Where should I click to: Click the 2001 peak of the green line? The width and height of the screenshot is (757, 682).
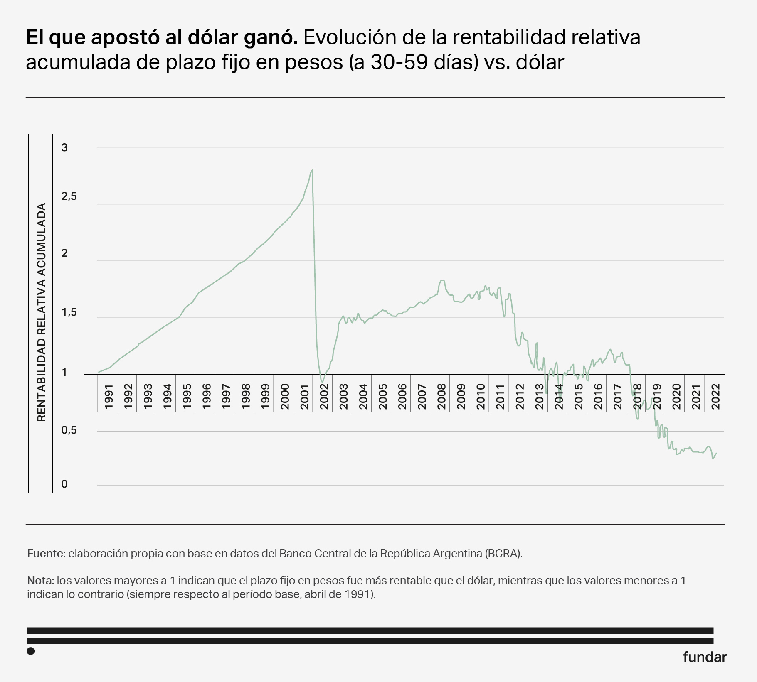[312, 169]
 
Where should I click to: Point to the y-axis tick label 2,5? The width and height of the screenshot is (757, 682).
[69, 196]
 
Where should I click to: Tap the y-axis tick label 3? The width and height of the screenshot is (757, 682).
[64, 147]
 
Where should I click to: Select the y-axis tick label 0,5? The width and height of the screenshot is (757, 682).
[69, 430]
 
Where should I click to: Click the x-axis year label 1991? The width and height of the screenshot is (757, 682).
[108, 397]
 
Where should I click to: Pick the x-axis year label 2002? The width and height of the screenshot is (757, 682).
[324, 397]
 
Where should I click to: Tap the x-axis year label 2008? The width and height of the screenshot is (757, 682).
[441, 397]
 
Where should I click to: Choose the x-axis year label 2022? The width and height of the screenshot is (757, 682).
[715, 397]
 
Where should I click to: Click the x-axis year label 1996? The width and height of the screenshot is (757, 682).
[207, 397]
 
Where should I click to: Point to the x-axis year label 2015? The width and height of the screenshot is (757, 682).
[578, 397]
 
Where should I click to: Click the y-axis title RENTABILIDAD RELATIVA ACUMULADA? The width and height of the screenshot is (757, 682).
[41, 312]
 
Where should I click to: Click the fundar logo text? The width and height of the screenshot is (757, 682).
[705, 657]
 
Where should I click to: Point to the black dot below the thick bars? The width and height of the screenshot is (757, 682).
[30, 651]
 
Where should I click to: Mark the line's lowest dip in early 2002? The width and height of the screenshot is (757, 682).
[322, 382]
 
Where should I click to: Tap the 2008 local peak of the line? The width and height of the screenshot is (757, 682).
[442, 280]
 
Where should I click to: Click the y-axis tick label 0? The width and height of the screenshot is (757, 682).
[64, 484]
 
